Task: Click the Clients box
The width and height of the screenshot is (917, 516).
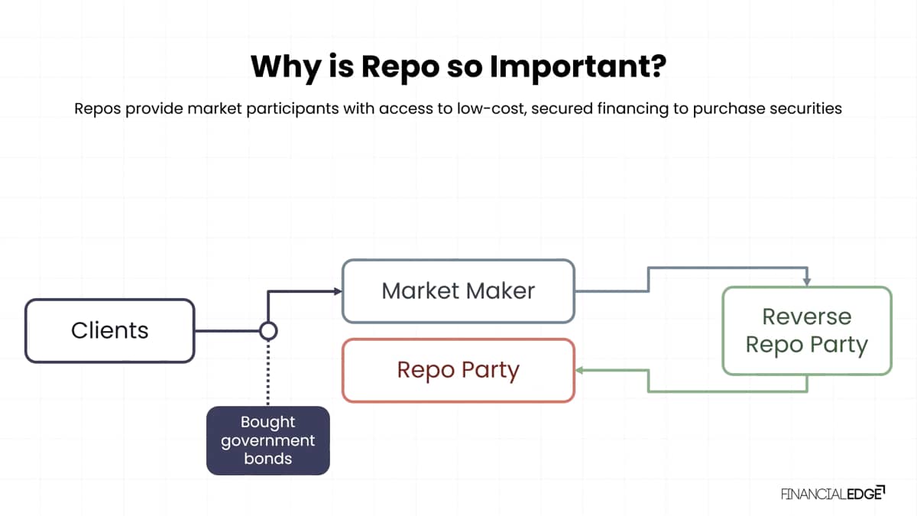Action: [x=110, y=331]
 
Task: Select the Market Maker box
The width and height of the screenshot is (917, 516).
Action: [x=458, y=291]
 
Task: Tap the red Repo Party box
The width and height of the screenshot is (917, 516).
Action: [x=458, y=371]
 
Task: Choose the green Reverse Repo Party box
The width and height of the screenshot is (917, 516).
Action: [x=807, y=331]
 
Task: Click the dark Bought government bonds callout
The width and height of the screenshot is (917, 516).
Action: [x=268, y=440]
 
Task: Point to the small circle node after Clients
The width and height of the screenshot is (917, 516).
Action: [x=268, y=331]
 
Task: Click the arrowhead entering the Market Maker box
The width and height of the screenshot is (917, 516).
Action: [x=338, y=291]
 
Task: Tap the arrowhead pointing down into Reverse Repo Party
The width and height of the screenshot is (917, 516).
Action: [x=807, y=282]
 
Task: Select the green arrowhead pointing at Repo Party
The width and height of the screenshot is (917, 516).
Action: [x=580, y=371]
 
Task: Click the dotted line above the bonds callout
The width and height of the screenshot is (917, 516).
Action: [x=268, y=373]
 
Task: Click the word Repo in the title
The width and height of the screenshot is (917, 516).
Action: [x=400, y=67]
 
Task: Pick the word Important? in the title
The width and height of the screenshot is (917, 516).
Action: [x=578, y=67]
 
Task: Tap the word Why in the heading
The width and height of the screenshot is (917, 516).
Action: [x=286, y=67]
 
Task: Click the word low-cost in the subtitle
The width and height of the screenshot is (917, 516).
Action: [x=492, y=109]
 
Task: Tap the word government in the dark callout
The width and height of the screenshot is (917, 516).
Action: [x=268, y=441]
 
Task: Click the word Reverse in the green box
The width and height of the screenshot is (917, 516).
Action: [x=807, y=317]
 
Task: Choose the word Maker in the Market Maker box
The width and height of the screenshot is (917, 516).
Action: [x=501, y=291]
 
